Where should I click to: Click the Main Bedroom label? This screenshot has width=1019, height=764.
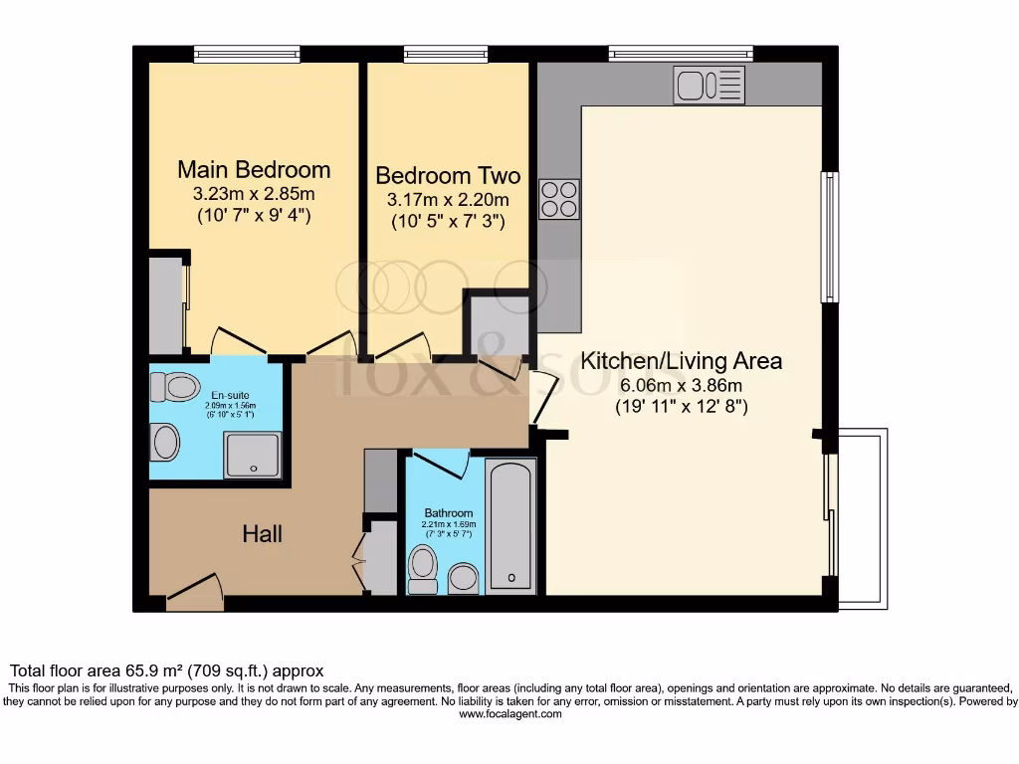click(254, 169)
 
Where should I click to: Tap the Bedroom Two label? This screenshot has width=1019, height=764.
click(448, 176)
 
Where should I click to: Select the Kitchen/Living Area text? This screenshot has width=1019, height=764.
click(682, 361)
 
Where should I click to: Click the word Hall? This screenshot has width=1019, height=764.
click(263, 534)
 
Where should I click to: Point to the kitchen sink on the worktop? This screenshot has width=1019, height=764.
click(709, 86)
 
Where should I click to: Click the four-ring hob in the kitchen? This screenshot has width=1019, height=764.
click(559, 198)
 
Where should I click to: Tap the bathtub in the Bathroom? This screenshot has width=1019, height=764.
click(511, 525)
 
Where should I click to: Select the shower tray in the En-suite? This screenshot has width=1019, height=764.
click(252, 455)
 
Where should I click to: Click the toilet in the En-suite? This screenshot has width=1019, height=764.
click(175, 387)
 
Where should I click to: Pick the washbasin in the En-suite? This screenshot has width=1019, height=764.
click(165, 442)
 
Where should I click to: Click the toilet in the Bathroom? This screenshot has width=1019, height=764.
click(423, 569)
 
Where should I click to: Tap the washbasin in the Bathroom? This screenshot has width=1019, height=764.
click(464, 578)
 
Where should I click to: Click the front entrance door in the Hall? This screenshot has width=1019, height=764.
click(194, 591)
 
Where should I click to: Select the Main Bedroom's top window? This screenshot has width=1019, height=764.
click(247, 54)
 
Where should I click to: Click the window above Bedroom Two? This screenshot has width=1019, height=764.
click(446, 54)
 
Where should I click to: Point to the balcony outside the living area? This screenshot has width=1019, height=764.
click(862, 517)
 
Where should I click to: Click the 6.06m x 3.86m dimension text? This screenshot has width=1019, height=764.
click(682, 385)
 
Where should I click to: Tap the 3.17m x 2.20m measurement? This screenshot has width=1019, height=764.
click(448, 200)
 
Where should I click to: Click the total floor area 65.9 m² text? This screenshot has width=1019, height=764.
click(167, 671)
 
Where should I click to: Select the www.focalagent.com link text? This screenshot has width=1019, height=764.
click(509, 713)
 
